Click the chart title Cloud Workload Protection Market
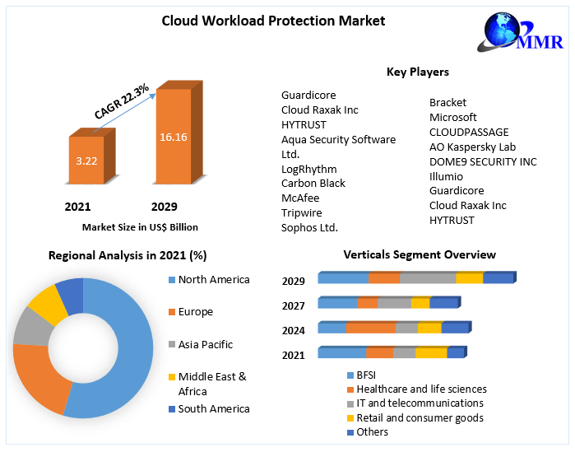[x=273, y=20]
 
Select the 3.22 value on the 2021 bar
[x=86, y=161]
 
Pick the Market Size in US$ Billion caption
[x=140, y=226]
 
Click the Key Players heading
[x=417, y=72]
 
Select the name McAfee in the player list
[x=300, y=198]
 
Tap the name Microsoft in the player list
[x=452, y=117]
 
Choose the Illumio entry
[x=446, y=176]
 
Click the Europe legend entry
[x=195, y=312]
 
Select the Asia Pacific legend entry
[x=205, y=344]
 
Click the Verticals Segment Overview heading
[x=420, y=254]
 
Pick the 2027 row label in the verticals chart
[x=293, y=305]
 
